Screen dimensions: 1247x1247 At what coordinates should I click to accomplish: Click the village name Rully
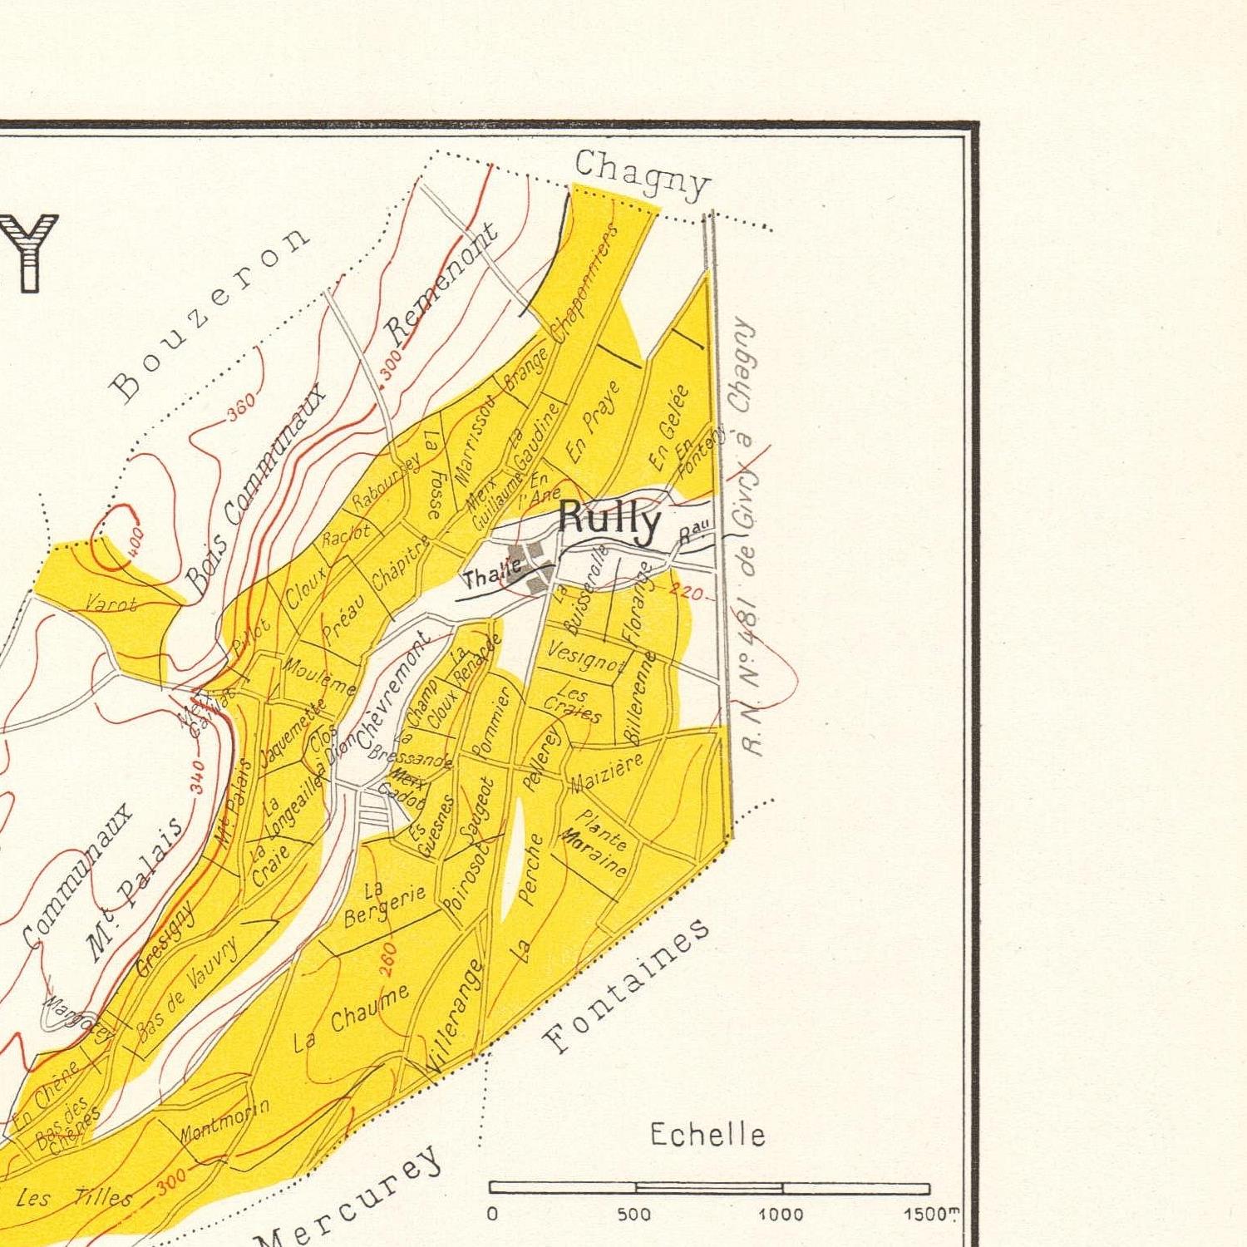(x=609, y=520)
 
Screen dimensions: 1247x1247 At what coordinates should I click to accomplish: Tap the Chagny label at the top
(x=643, y=175)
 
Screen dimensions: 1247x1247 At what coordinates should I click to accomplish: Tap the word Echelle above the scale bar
(x=707, y=1135)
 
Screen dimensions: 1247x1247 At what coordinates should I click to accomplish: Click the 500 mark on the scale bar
(x=634, y=1215)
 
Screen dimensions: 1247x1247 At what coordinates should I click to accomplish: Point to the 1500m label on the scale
(x=929, y=1215)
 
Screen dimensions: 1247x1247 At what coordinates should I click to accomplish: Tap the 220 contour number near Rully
(x=687, y=594)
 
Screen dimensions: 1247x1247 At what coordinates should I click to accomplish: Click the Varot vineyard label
(x=111, y=604)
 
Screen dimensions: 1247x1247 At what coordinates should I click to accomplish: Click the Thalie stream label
(x=492, y=572)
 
